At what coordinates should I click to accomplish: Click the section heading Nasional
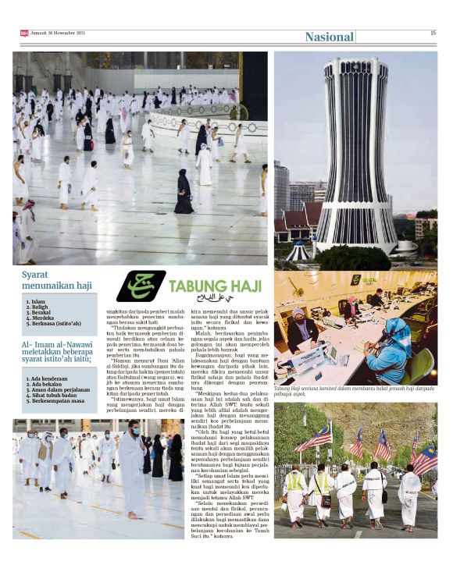329,37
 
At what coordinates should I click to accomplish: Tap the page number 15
433,33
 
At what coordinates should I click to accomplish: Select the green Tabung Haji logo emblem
141,286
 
